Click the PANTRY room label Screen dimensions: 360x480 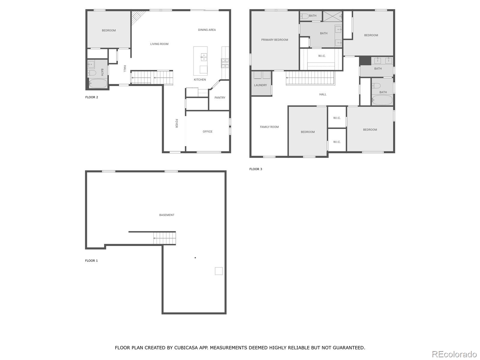coord(220,97)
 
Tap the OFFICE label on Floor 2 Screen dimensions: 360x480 coord(207,131)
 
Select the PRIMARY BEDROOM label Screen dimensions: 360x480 coord(274,40)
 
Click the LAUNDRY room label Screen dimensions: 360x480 coord(260,85)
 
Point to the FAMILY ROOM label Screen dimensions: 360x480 coord(269,127)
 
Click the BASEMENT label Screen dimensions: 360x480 coord(166,215)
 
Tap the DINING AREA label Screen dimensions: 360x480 coord(207,30)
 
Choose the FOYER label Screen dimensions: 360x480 coord(176,123)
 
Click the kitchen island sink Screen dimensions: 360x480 coord(204,57)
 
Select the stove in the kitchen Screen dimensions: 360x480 coord(225,63)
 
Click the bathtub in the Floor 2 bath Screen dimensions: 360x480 coord(98,83)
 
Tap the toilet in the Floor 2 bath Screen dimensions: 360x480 coord(91,73)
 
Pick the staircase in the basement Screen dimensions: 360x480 coord(164,238)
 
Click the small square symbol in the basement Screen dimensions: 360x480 coord(219,271)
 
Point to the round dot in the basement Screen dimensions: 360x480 coord(195,258)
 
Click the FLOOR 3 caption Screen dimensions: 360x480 coord(256,169)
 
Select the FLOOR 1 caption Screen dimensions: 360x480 coord(91,261)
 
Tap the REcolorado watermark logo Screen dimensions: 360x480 coord(454,354)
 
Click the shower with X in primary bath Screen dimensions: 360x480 coord(332,16)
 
